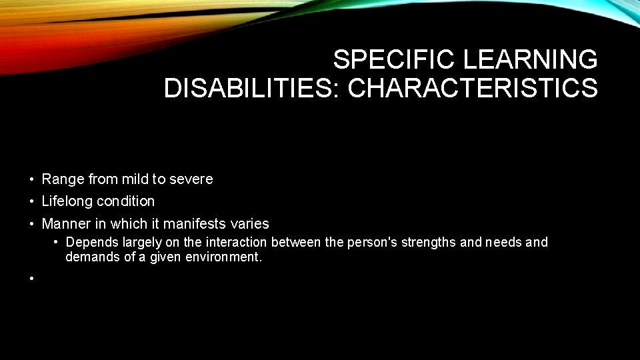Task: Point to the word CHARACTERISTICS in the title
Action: (x=473, y=88)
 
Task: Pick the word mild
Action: (x=136, y=179)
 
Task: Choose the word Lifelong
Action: (x=67, y=201)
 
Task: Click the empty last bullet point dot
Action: (x=31, y=278)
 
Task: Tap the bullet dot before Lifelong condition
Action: (x=31, y=201)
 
